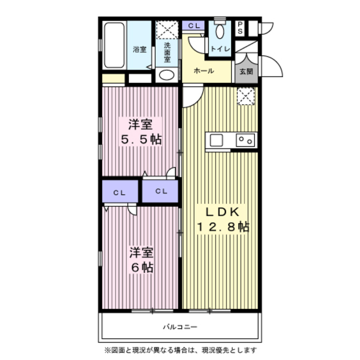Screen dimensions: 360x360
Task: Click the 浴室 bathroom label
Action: [x=139, y=49]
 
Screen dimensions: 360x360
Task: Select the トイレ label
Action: [x=219, y=49]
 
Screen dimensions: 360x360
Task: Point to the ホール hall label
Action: [x=202, y=71]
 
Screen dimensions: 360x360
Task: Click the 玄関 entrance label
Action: [x=246, y=71]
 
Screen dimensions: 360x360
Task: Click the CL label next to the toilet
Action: [x=194, y=26]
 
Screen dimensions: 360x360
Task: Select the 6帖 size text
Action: [x=140, y=268]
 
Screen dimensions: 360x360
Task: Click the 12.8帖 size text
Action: [x=222, y=227]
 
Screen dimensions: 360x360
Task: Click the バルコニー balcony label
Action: [x=180, y=326]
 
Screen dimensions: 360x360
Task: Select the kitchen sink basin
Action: [x=217, y=139]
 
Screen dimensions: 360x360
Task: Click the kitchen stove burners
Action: [x=246, y=139]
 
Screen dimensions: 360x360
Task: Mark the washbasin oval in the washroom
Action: [x=166, y=74]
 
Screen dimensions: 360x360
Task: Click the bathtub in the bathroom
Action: [x=114, y=47]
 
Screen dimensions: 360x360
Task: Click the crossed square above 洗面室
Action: [x=166, y=29]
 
